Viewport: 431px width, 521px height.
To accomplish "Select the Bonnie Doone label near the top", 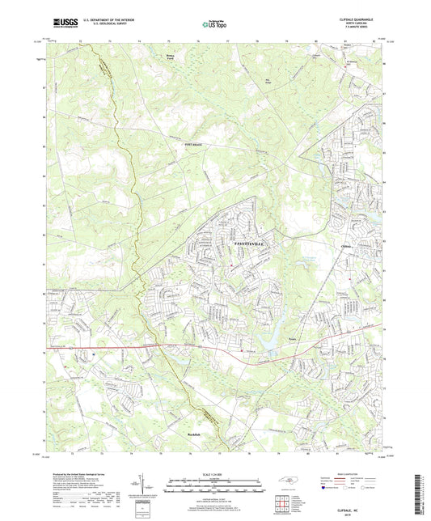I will (x=165, y=56).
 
